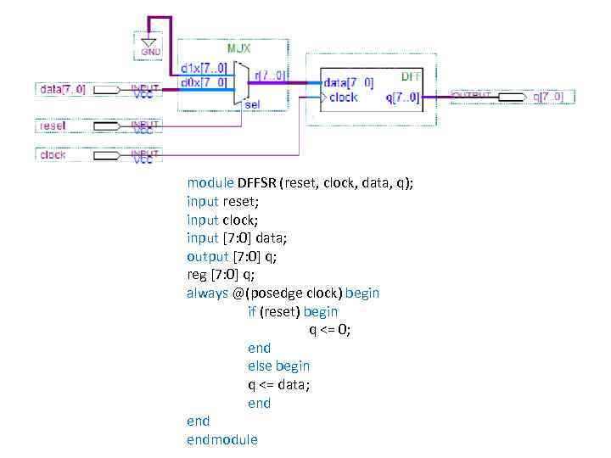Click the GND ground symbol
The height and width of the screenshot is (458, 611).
(x=149, y=45)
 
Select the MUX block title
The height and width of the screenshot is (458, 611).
(x=238, y=47)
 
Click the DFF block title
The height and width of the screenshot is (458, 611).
(x=411, y=76)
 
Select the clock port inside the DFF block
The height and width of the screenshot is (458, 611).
(x=343, y=98)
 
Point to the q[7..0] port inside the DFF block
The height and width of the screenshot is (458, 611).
(x=401, y=98)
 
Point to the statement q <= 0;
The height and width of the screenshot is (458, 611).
(x=329, y=330)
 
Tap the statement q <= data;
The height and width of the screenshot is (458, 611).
(x=279, y=384)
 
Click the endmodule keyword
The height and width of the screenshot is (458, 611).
(x=222, y=439)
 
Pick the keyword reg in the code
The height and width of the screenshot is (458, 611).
(x=197, y=275)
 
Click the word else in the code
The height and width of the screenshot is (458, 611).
(x=260, y=366)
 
